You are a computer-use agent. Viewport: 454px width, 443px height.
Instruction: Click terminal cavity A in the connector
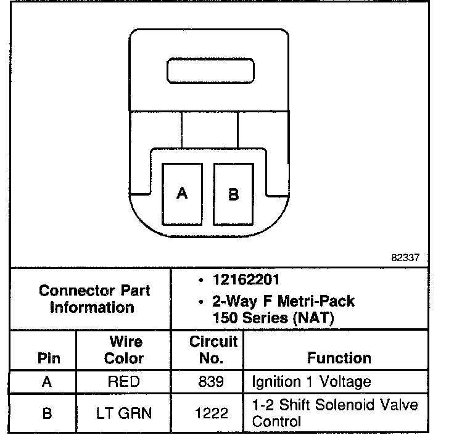[182, 194]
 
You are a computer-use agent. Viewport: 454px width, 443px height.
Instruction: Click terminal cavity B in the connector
[233, 194]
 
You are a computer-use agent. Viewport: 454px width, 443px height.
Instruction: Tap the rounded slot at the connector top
[210, 71]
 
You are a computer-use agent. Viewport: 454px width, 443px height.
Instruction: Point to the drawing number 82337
[405, 259]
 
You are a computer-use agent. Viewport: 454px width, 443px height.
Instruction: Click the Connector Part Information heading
[93, 299]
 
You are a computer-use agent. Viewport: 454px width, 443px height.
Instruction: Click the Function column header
[339, 358]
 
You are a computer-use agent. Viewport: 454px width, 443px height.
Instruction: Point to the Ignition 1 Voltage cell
[312, 382]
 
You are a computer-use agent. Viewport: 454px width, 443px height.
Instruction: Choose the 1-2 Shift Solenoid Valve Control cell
[335, 413]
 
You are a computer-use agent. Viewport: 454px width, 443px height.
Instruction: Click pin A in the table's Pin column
[47, 382]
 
